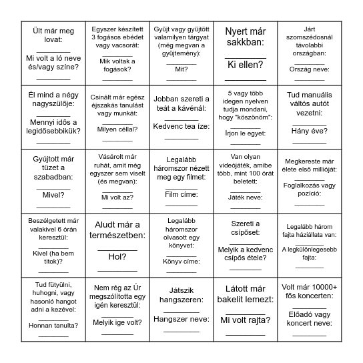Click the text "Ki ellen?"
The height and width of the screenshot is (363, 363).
245,65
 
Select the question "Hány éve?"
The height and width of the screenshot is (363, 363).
308,130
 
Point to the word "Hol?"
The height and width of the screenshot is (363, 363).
117,256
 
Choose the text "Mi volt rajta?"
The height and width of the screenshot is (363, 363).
245,319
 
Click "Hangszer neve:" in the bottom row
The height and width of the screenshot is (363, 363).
181,318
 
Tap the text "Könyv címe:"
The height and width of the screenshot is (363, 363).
181,261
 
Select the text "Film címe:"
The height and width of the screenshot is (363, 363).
181,194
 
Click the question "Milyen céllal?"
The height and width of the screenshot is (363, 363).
117,130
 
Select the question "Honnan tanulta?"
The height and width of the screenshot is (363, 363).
53,325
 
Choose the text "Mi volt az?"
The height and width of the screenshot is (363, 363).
117,197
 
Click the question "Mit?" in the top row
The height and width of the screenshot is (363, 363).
181,68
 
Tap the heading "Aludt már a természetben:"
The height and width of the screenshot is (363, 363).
117,230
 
